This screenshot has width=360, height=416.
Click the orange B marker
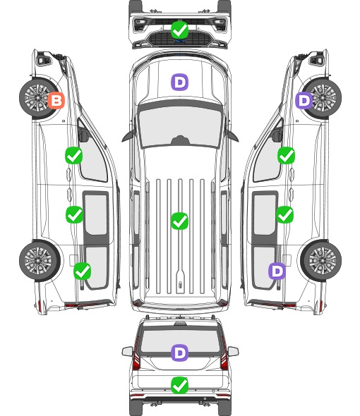tap(56, 100)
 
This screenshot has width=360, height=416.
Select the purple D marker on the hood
tap(179, 82)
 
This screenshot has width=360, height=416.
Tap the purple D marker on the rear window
tap(179, 353)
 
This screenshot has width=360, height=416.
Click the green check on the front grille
tap(179, 30)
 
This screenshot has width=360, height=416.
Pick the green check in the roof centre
tap(179, 221)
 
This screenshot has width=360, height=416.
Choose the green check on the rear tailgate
tap(179, 385)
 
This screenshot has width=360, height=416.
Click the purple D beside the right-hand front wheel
tap(304, 100)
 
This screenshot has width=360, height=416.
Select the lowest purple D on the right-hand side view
tap(277, 271)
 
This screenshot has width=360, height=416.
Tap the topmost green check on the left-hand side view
tap(73, 155)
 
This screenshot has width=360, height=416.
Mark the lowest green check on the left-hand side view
tap(82, 271)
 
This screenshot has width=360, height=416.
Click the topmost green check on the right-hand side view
tap(286, 155)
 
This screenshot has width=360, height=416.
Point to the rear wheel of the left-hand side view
tap(39, 260)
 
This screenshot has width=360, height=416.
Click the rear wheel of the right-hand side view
tap(321, 260)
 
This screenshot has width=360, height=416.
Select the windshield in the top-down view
tap(180, 126)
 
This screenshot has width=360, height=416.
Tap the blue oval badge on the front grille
tap(180, 41)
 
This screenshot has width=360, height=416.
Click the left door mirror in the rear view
tap(127, 351)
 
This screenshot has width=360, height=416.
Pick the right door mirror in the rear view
tap(233, 351)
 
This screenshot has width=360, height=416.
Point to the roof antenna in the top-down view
tap(181, 285)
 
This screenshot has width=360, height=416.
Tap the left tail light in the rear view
tap(136, 355)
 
